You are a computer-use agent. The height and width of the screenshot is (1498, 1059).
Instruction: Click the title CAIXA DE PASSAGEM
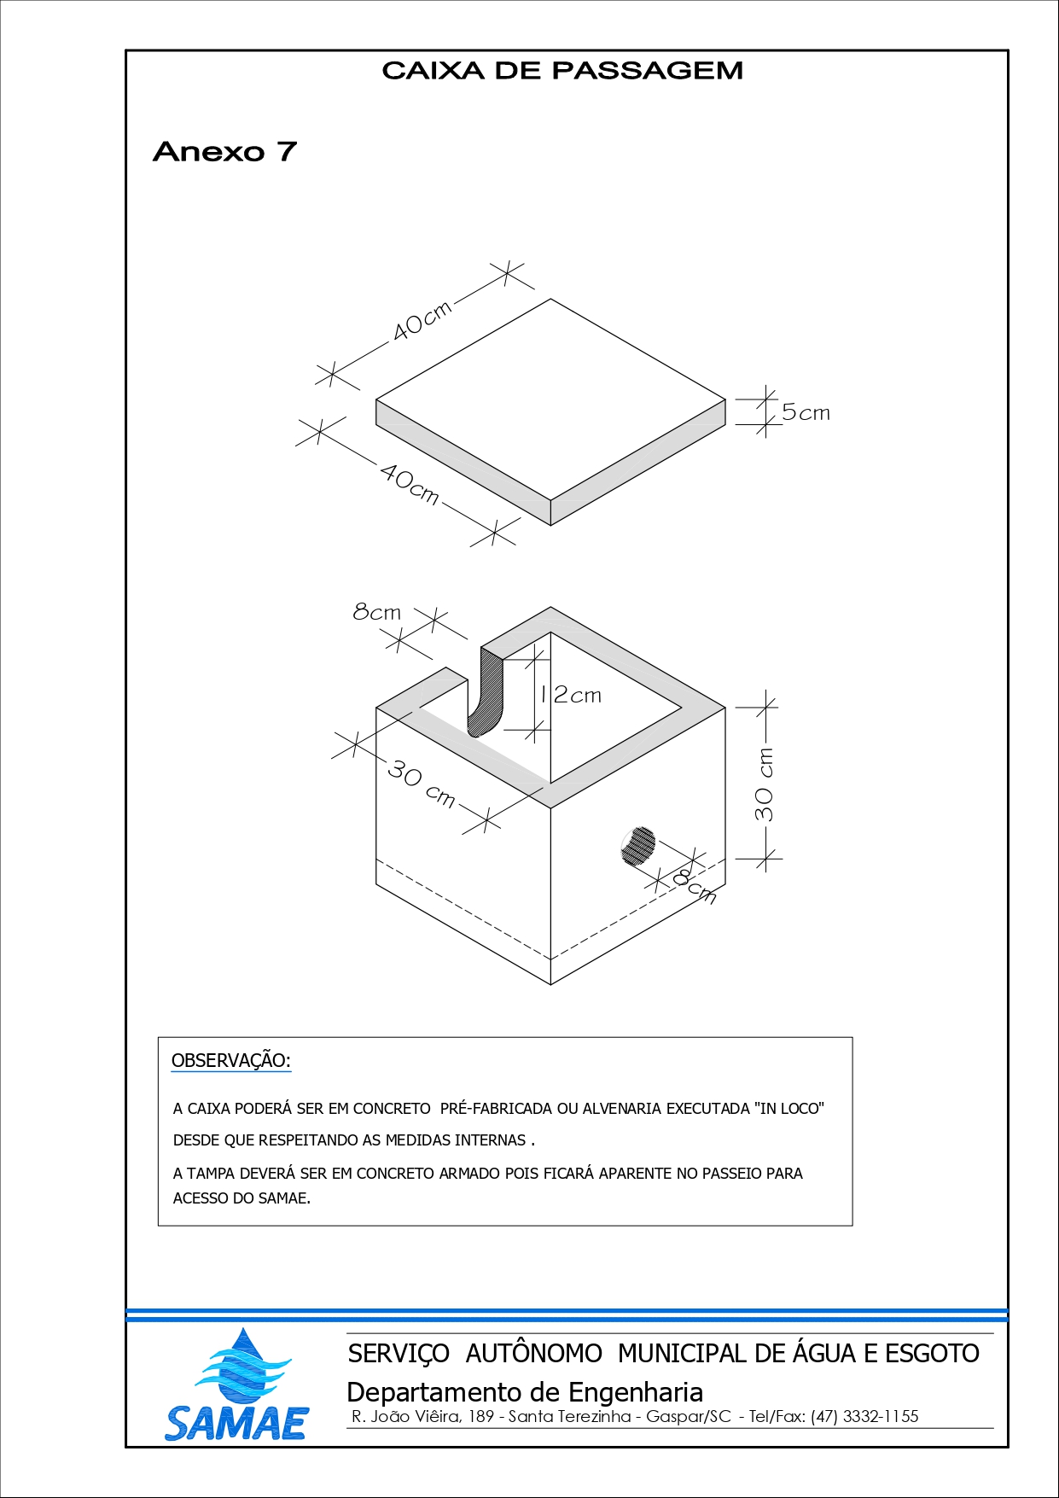click(562, 71)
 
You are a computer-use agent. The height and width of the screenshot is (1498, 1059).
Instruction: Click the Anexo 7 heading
click(224, 152)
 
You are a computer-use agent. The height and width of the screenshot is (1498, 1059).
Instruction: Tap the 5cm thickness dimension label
click(806, 413)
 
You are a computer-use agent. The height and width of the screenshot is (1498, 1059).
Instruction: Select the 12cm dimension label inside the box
click(570, 696)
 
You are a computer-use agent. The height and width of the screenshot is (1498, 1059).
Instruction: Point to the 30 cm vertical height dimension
click(765, 784)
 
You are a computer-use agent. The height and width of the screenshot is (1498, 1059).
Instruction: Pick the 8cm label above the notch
click(376, 612)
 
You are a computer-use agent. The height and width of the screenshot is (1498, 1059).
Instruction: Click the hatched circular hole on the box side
click(637, 847)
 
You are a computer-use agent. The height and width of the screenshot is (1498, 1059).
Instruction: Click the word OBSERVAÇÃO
click(231, 1061)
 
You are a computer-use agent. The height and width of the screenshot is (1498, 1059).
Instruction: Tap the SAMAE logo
click(236, 1385)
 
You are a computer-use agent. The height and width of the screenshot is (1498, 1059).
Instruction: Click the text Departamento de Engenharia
click(525, 1392)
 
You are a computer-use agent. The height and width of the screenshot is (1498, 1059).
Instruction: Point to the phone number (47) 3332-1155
click(864, 1417)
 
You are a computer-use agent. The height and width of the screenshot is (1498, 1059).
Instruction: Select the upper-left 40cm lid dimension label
click(422, 321)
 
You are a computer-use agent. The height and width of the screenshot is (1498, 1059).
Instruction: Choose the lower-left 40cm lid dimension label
click(410, 484)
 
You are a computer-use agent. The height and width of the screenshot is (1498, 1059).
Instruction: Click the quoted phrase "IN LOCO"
click(789, 1109)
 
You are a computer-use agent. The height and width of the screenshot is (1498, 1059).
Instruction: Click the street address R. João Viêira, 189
click(422, 1417)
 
